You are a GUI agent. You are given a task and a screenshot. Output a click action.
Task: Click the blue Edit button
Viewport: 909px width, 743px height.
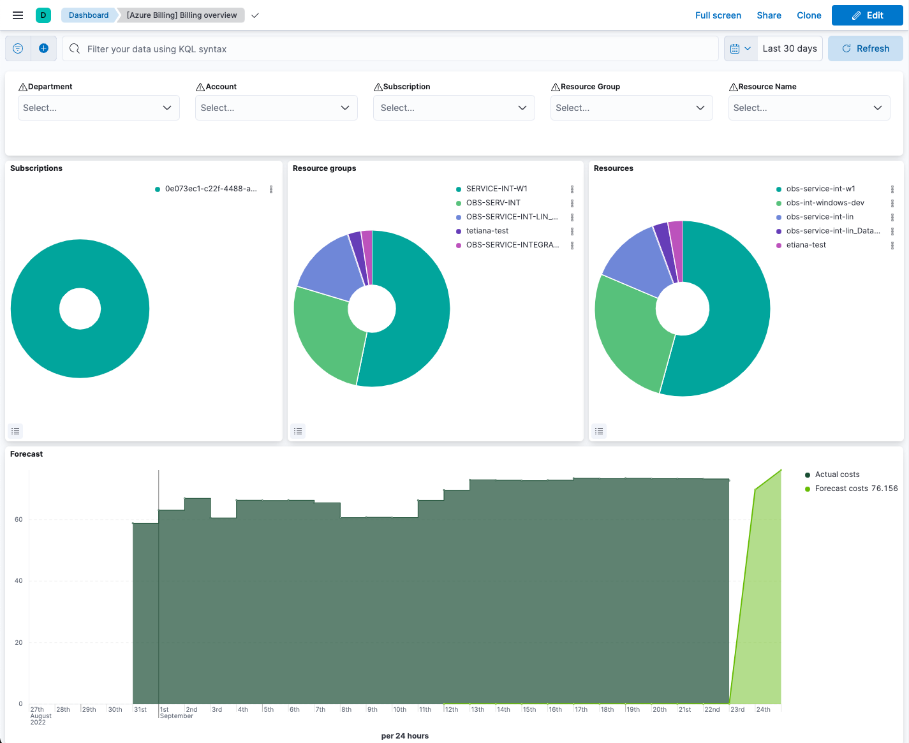867,15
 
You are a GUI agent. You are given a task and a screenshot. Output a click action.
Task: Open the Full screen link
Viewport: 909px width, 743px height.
718,15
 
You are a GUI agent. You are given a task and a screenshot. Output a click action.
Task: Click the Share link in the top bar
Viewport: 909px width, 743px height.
769,15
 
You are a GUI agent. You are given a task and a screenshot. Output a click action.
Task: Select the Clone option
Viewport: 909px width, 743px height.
809,15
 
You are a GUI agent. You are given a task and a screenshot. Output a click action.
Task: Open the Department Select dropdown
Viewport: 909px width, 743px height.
98,108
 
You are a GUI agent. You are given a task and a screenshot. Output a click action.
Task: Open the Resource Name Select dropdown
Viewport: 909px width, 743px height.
808,108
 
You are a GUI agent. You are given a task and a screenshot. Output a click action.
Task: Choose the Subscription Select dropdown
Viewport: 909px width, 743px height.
454,108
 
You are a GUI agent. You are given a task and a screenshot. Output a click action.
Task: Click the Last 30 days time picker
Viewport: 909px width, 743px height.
789,48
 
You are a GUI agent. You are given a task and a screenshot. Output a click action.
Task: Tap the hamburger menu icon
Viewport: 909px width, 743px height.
18,15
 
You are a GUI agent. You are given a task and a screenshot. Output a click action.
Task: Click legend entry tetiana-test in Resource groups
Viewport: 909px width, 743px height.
487,231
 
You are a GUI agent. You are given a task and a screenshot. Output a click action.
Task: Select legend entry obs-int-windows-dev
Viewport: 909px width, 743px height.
825,203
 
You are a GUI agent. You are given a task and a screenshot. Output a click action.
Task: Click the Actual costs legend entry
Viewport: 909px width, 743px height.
837,474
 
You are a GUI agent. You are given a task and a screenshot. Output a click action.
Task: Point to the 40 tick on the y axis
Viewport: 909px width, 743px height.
18,581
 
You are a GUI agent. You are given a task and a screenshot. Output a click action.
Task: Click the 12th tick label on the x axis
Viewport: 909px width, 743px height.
452,709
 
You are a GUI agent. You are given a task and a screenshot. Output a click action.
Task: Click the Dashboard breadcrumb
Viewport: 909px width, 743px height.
89,15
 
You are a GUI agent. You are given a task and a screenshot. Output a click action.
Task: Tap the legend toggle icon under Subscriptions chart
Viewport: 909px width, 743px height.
16,431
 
